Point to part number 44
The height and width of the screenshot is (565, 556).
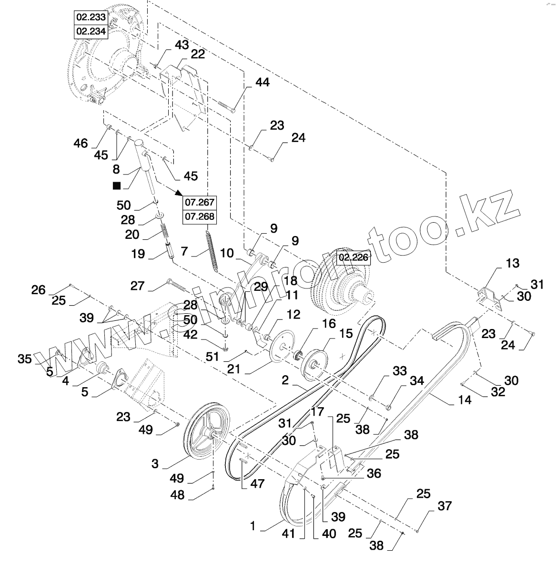point(262,82)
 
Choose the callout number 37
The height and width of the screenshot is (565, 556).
point(444,506)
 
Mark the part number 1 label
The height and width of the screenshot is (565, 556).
point(253,526)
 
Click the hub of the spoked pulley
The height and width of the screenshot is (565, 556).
point(208,435)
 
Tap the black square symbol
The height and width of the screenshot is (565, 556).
point(116,185)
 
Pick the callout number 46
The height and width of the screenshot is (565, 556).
point(81,143)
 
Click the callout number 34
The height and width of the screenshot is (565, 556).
point(417,380)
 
